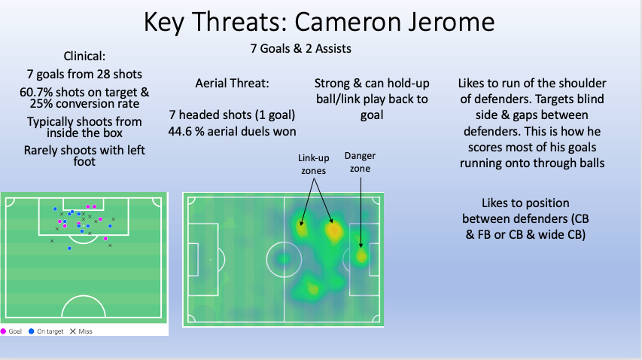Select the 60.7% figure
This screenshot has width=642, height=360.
click(x=38, y=92)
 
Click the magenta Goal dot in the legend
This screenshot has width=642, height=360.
click(x=4, y=331)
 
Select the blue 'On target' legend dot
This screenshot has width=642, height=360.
click(x=32, y=331)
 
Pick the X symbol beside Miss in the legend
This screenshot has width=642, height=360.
click(x=73, y=331)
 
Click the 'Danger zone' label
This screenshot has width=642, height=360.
click(x=361, y=162)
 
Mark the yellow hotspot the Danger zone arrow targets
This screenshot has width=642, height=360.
click(x=361, y=257)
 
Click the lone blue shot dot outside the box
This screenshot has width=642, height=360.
click(x=69, y=248)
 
